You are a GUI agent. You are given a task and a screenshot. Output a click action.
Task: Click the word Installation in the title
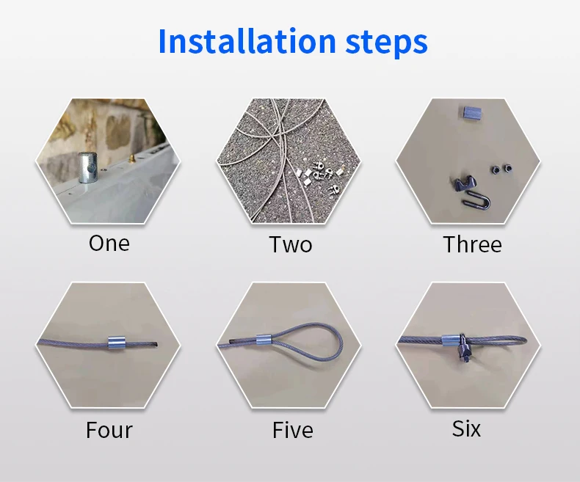point(247,40)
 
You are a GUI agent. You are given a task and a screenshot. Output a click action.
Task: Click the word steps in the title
point(386,43)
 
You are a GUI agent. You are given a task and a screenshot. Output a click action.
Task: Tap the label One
point(109,244)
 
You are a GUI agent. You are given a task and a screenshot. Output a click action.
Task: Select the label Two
point(291,244)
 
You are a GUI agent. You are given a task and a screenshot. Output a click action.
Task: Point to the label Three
point(472,244)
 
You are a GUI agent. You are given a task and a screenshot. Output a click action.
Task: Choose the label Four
point(109,430)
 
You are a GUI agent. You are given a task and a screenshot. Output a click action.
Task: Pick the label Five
point(293,430)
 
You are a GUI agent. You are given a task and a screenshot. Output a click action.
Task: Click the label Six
point(466,428)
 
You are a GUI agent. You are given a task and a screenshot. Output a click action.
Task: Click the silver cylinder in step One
point(87,167)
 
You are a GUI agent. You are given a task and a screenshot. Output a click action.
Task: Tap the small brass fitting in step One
point(131,159)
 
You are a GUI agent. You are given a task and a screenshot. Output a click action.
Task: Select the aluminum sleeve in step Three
point(471,112)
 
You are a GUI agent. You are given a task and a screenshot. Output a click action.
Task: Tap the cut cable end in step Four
point(156,345)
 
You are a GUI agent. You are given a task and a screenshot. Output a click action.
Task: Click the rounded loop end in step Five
point(341,342)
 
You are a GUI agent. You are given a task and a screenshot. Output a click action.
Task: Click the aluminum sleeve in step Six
point(450,340)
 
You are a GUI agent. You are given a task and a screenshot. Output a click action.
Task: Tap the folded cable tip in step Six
point(523,340)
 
